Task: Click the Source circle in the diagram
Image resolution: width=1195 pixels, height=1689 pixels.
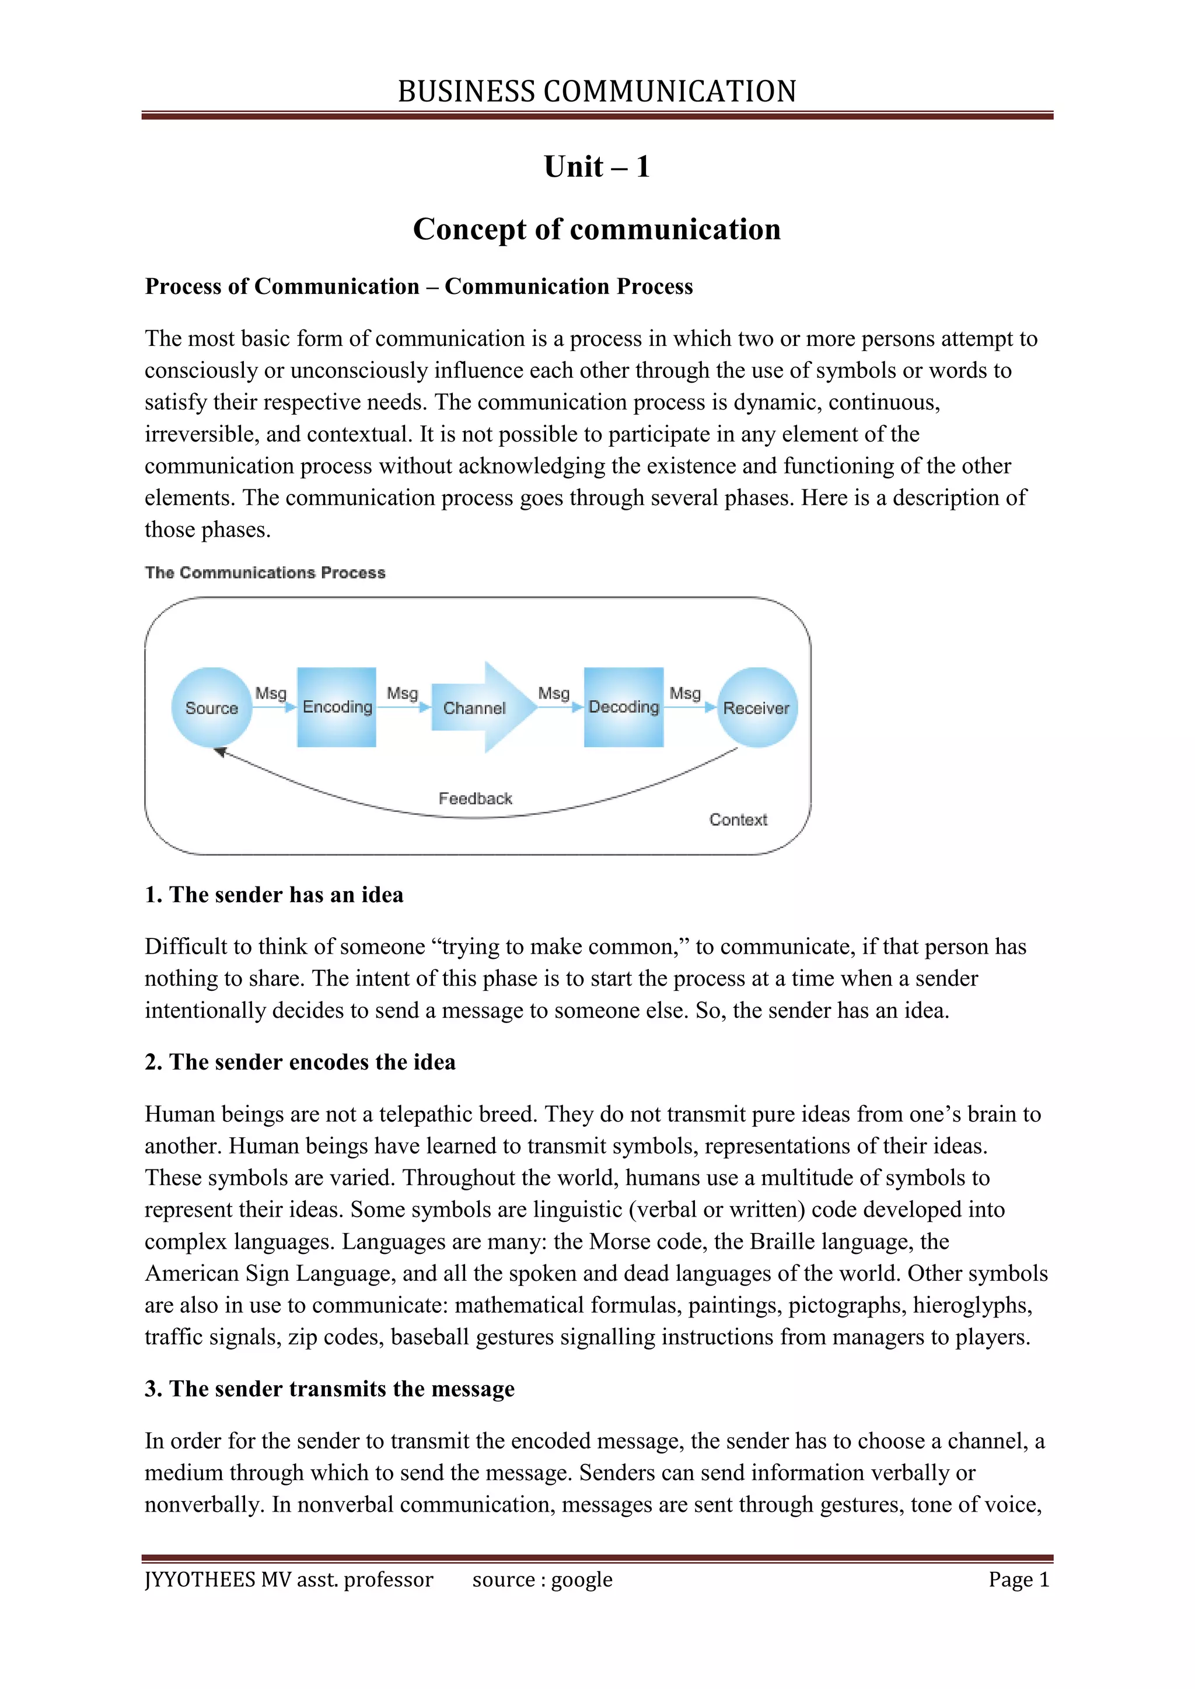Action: [212, 707]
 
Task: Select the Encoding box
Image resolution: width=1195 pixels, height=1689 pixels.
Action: [337, 707]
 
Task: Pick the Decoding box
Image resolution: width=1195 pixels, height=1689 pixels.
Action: [624, 707]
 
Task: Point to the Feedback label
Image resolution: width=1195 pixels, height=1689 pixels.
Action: [476, 798]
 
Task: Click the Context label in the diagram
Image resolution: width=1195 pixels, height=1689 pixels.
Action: [738, 819]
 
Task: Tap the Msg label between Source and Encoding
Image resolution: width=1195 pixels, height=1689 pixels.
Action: [270, 693]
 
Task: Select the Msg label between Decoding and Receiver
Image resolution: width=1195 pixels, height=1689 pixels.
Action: [685, 693]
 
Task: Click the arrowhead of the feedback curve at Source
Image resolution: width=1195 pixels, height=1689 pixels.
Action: [219, 752]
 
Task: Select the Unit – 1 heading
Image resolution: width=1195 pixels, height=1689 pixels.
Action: [597, 167]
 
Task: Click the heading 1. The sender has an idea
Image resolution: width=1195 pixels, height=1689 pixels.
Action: [274, 895]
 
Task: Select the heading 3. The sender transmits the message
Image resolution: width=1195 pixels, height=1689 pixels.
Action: [329, 1389]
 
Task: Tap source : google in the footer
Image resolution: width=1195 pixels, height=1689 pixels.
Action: [542, 1579]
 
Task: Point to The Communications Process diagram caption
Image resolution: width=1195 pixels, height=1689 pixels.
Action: [265, 572]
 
